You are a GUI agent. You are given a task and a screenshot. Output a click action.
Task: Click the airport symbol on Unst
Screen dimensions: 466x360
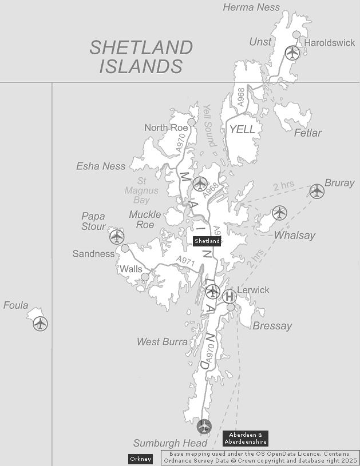click(x=292, y=53)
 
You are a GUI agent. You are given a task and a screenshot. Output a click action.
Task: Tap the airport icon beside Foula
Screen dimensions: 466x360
click(x=40, y=324)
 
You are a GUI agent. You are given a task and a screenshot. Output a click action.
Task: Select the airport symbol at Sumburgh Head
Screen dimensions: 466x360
click(x=204, y=426)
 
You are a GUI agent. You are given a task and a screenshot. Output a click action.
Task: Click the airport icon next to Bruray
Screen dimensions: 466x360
click(x=317, y=192)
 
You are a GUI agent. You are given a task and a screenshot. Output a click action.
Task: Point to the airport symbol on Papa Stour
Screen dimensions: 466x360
click(x=117, y=236)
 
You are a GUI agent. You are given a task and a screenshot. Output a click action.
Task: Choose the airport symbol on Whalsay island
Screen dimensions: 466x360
click(x=279, y=213)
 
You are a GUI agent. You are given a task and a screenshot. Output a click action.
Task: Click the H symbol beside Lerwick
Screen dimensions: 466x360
click(x=230, y=296)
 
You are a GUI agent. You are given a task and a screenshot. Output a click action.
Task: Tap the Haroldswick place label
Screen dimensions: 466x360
click(x=330, y=43)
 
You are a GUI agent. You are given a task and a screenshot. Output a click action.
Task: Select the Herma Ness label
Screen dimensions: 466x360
click(x=251, y=7)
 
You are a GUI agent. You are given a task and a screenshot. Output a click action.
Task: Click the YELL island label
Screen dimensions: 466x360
click(x=242, y=130)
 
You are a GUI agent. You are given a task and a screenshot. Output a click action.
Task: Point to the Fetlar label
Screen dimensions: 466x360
click(x=308, y=133)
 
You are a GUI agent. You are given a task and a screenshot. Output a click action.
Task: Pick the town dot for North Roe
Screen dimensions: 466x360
click(x=192, y=122)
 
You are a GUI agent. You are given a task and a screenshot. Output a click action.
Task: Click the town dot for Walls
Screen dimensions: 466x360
click(x=145, y=277)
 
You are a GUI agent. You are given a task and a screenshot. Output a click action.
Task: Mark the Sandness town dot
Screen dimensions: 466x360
click(x=125, y=248)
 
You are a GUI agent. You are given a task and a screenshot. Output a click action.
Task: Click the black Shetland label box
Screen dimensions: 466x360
click(x=207, y=241)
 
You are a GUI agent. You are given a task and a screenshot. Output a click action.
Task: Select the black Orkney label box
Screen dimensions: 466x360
click(x=140, y=459)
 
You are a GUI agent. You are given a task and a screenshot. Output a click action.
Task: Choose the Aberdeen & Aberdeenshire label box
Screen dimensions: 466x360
click(x=245, y=439)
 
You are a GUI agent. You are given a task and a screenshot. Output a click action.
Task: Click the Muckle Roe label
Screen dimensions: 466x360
click(x=145, y=220)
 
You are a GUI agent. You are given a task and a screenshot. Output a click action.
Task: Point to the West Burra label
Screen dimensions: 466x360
click(x=162, y=342)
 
